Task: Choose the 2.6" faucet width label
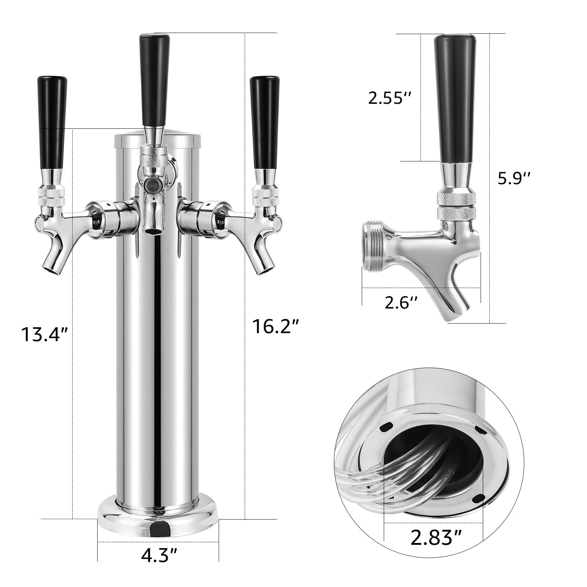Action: (401, 303)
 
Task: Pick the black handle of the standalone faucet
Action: (455, 95)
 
